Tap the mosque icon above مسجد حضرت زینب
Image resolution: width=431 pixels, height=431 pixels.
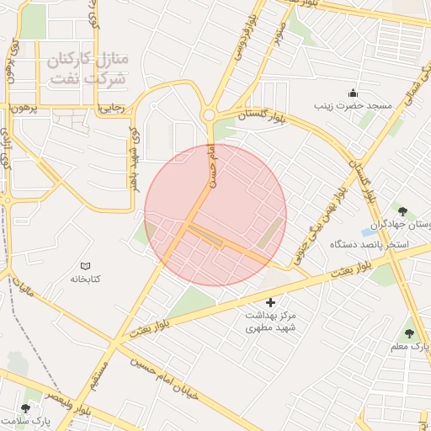point(353,93)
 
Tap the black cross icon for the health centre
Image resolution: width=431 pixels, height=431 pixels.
point(270,302)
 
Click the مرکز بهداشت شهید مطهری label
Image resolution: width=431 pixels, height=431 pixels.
point(272,321)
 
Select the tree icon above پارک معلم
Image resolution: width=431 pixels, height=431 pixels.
point(409,333)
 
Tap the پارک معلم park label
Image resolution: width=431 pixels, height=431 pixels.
point(409,347)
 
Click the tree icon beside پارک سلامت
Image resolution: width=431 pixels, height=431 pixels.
point(25,408)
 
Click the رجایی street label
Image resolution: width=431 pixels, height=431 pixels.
point(111,108)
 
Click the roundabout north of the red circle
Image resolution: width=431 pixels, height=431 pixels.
point(208,115)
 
